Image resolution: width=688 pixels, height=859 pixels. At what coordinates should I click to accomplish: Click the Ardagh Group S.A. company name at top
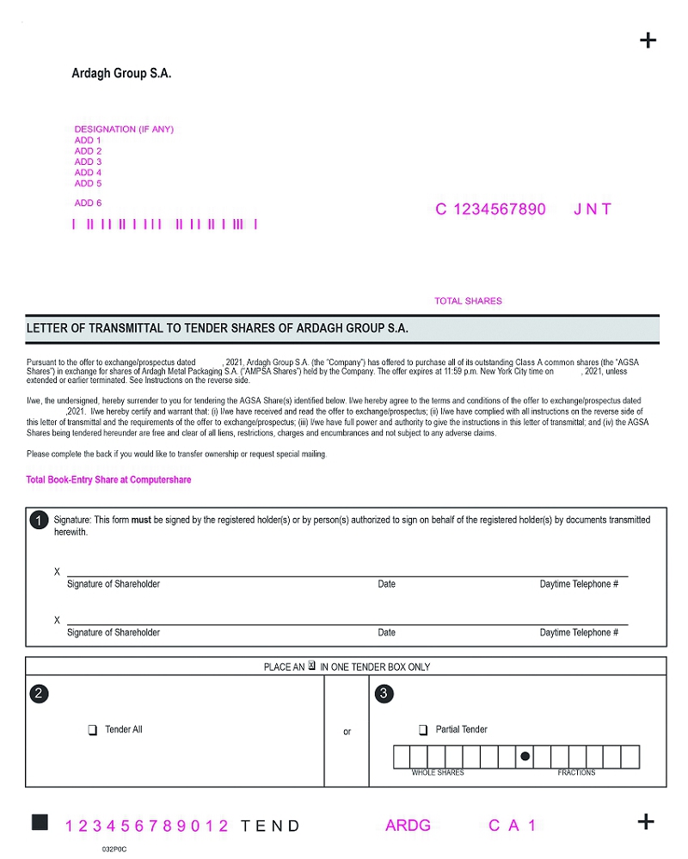[121, 74]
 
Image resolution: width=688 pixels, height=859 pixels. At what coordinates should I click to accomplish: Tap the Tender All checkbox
[92, 730]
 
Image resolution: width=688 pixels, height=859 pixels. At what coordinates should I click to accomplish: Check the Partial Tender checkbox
[423, 730]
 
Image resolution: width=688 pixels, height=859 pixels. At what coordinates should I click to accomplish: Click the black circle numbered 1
[39, 521]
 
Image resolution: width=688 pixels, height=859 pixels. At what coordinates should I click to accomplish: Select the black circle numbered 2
[39, 694]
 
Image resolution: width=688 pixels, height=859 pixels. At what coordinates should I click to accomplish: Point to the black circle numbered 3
[384, 694]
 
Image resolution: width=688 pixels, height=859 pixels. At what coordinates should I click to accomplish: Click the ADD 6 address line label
[88, 204]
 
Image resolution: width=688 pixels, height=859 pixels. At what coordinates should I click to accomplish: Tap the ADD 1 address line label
[88, 140]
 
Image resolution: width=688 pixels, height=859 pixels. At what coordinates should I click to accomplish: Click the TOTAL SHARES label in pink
[468, 302]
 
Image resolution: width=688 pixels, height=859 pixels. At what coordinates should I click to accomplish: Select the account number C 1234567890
[490, 210]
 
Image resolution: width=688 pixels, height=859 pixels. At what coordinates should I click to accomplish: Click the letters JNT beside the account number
[593, 210]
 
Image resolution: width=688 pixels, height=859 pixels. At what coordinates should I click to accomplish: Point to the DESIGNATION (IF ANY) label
[124, 130]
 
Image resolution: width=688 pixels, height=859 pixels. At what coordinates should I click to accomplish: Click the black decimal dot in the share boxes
[525, 757]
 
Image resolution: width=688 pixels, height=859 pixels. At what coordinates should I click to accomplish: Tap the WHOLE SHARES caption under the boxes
[437, 773]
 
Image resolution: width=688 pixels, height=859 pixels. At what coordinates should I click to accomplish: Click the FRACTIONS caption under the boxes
[576, 773]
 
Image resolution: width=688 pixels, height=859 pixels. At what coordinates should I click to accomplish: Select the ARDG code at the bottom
[408, 825]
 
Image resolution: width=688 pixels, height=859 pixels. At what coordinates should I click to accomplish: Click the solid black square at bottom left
[40, 823]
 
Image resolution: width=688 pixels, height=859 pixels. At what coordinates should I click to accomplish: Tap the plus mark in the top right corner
[648, 40]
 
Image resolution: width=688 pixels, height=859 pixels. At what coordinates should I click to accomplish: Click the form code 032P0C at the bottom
[114, 848]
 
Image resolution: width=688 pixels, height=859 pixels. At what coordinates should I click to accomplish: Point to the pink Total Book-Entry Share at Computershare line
[108, 480]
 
